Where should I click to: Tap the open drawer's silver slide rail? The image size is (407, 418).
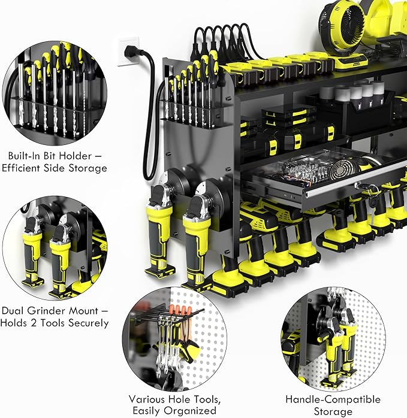point(354,191)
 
